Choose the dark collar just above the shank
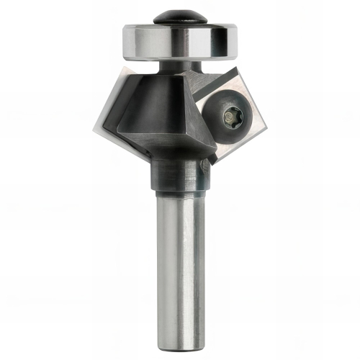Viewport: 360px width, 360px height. (177, 177)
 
